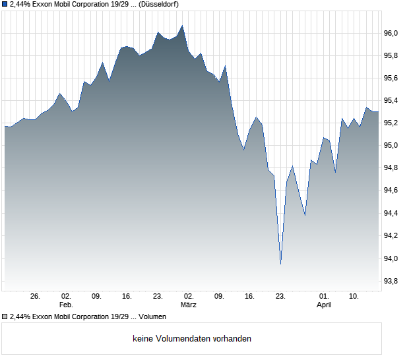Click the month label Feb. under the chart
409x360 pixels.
point(65,305)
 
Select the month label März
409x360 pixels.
point(189,305)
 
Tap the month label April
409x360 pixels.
point(324,305)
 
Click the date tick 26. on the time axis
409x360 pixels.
point(35,297)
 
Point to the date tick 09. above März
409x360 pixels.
point(219,297)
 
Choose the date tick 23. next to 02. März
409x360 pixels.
point(158,297)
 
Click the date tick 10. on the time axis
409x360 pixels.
point(354,297)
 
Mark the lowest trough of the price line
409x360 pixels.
point(280,264)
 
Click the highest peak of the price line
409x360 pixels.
point(182,26)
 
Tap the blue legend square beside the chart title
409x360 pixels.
point(5,4)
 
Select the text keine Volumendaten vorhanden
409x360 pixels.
point(192,339)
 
